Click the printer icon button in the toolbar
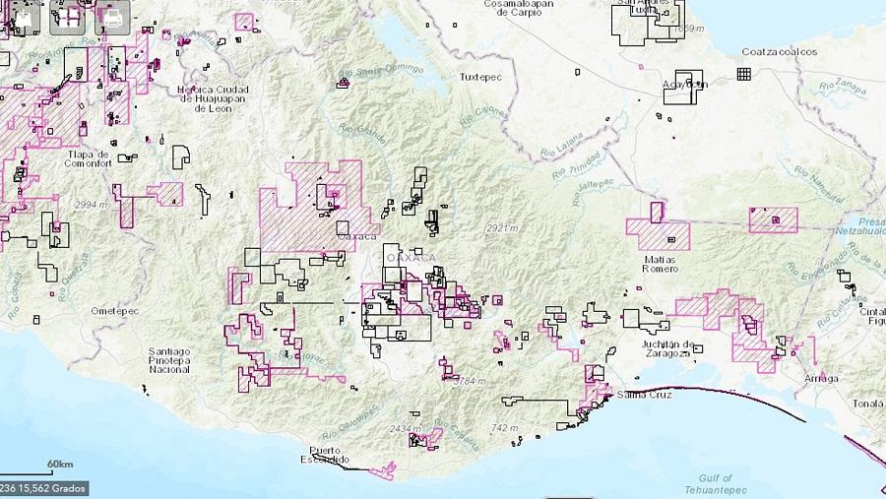114,17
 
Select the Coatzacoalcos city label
780,52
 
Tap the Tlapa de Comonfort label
89,158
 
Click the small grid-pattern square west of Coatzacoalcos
744,74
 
